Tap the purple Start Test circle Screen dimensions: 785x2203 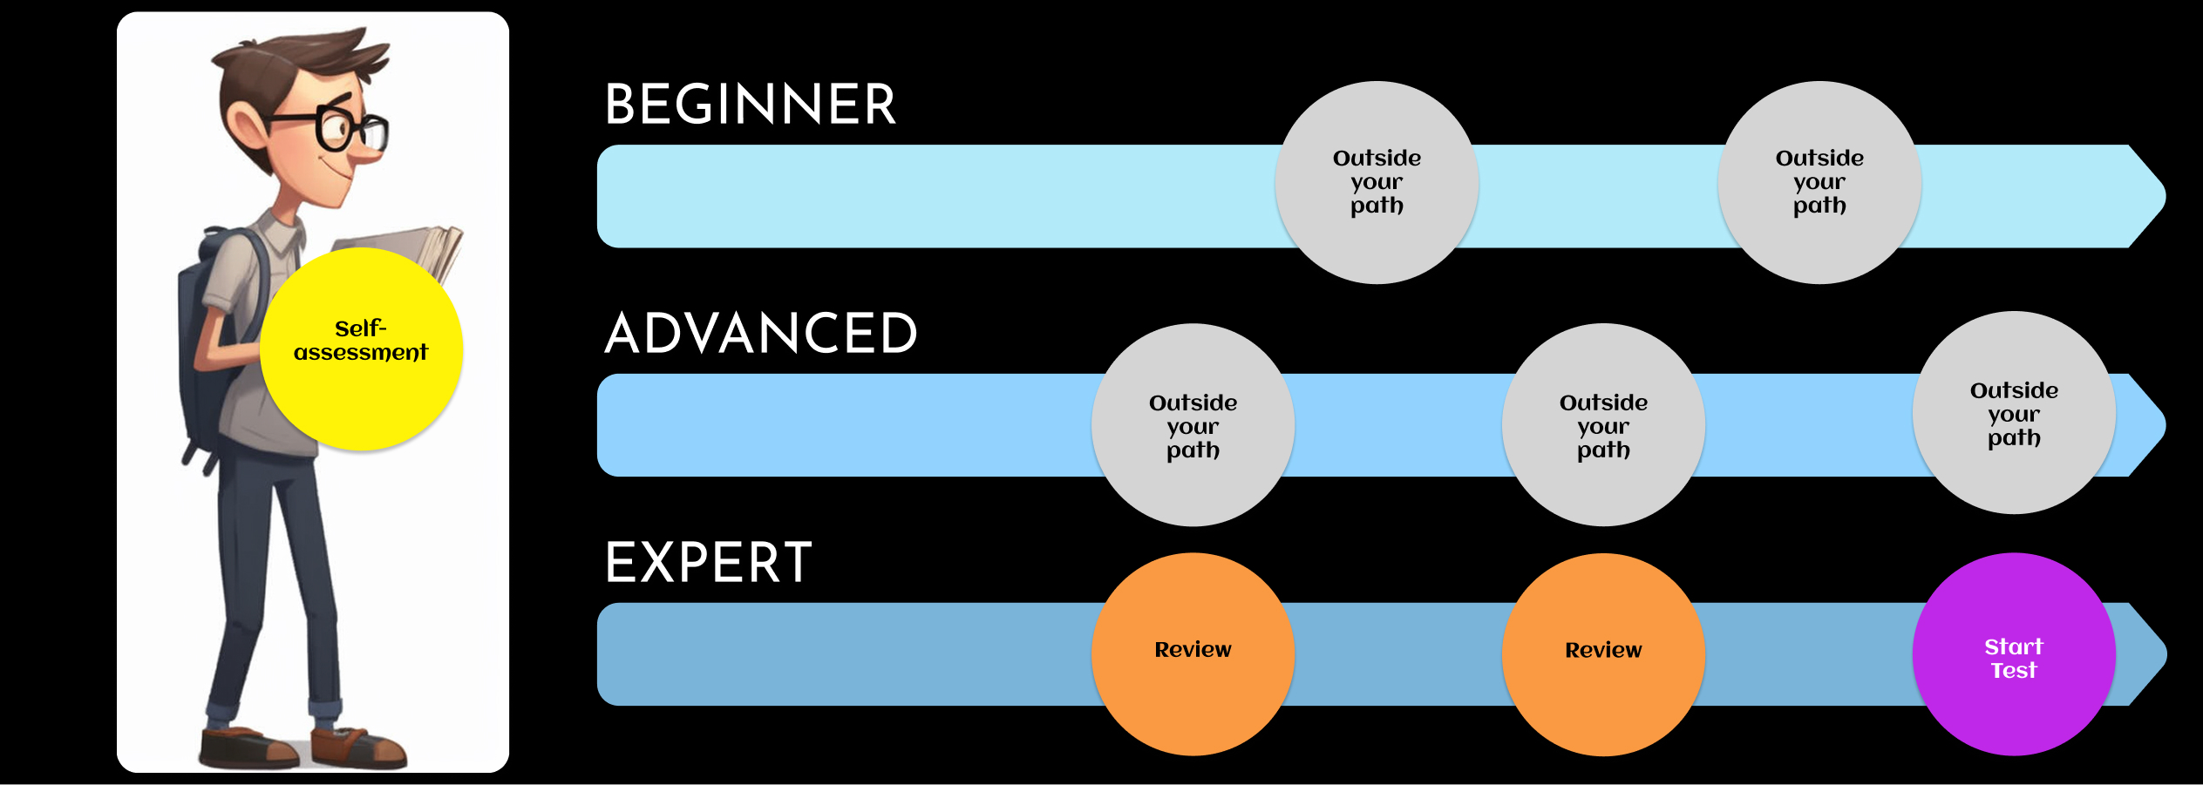pyautogui.click(x=2013, y=654)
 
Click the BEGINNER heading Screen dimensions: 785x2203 pyautogui.click(x=750, y=105)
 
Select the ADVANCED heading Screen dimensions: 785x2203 pyautogui.click(x=760, y=334)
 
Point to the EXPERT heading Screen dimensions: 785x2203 pyautogui.click(x=708, y=563)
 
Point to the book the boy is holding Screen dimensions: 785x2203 pyautogui.click(x=418, y=248)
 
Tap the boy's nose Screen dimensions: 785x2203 pyautogui.click(x=371, y=153)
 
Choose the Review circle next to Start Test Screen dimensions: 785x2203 pyautogui.click(x=1602, y=654)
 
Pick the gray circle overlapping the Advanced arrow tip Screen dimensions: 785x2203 pyautogui.click(x=2013, y=413)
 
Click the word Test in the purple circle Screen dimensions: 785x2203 pyautogui.click(x=2013, y=670)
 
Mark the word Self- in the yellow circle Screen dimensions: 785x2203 pyautogui.click(x=360, y=328)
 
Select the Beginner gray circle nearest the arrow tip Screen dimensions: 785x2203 pyautogui.click(x=1819, y=182)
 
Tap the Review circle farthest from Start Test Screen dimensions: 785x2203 pyautogui.click(x=1193, y=654)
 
